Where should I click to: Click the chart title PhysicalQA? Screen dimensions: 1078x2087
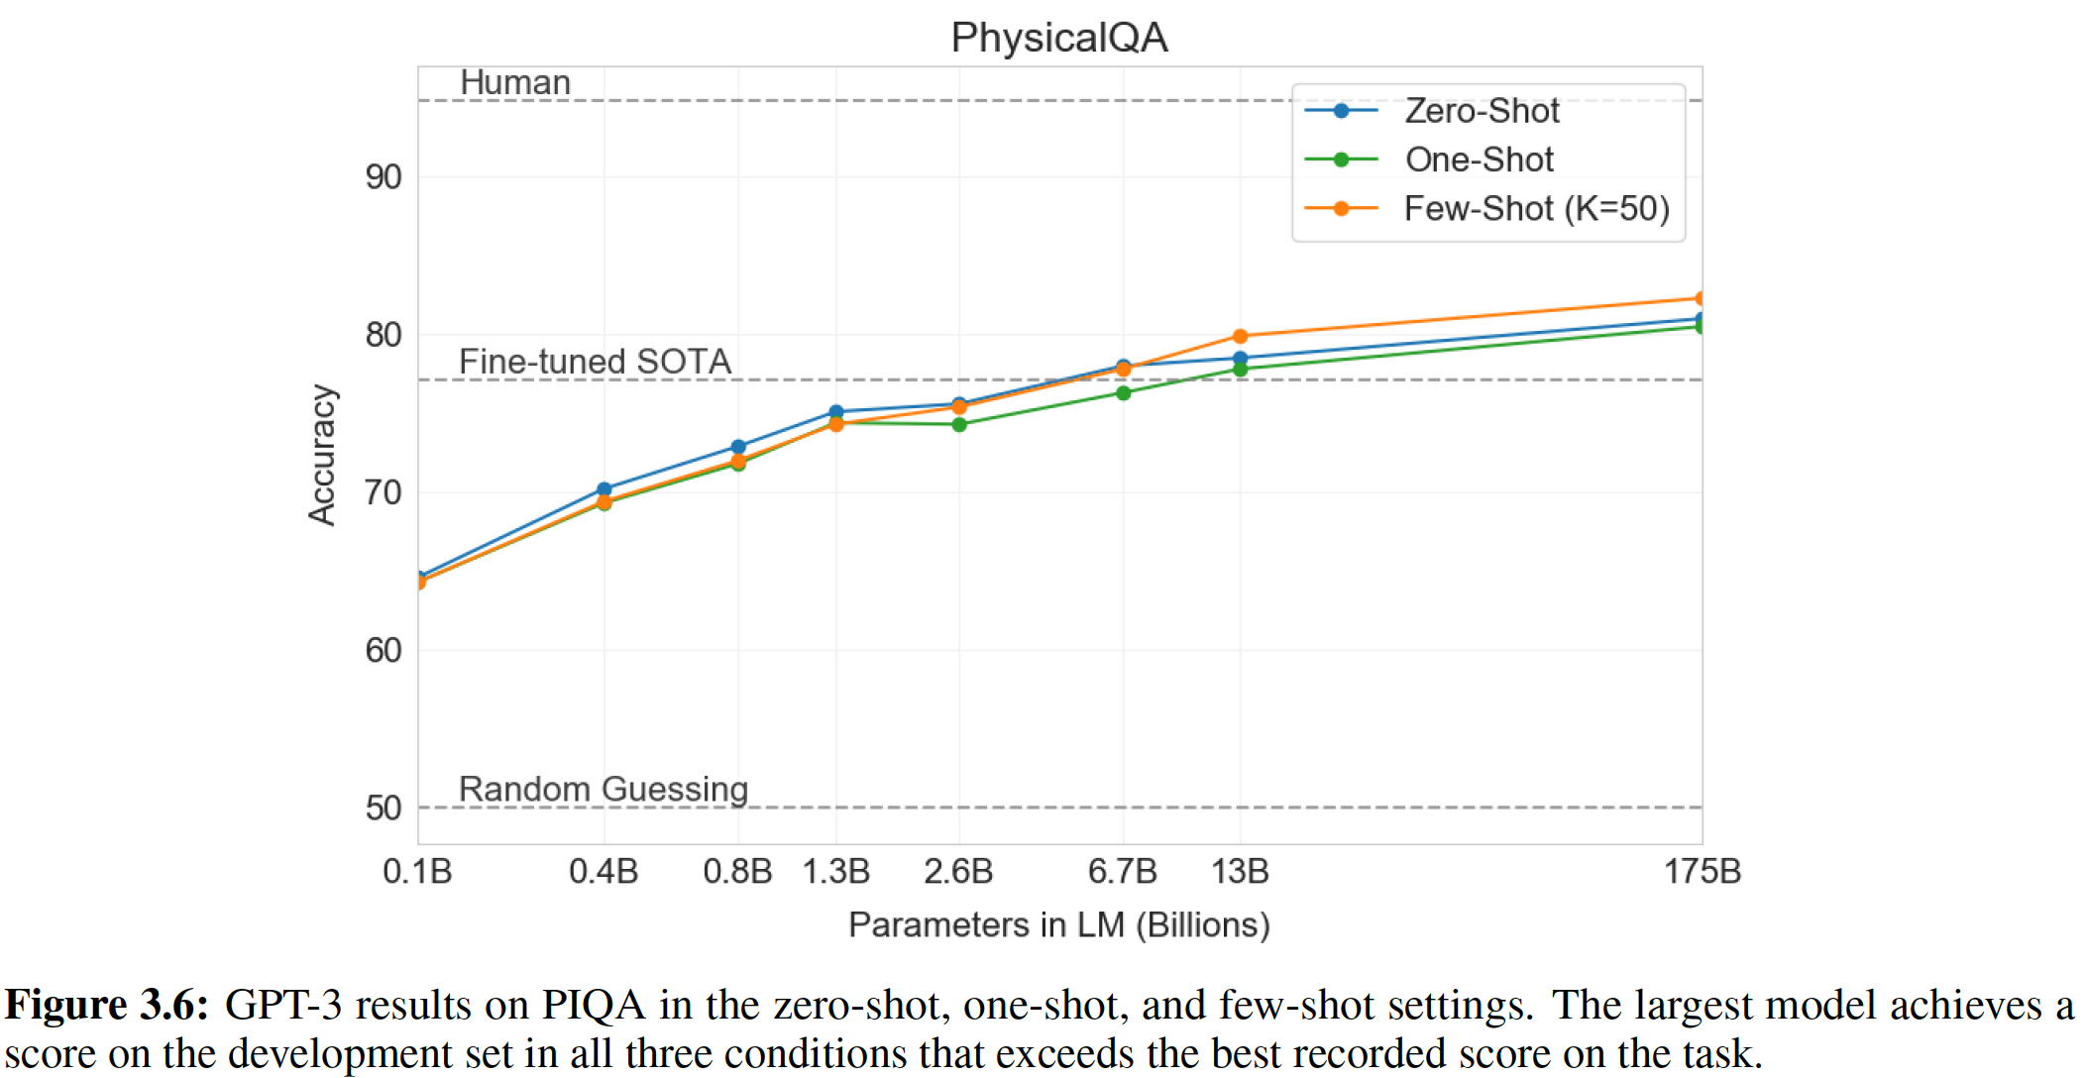click(x=1058, y=38)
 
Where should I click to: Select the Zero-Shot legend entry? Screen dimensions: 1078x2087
click(x=1482, y=111)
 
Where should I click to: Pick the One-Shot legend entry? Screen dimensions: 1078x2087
click(x=1479, y=160)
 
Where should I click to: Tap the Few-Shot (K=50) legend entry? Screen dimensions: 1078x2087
click(x=1536, y=209)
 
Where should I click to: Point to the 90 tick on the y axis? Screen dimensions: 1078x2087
click(x=384, y=177)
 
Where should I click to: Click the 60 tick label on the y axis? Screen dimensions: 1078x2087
click(x=384, y=651)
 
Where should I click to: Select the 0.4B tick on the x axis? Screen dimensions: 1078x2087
click(x=604, y=872)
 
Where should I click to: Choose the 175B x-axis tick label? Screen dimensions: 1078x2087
click(x=1702, y=872)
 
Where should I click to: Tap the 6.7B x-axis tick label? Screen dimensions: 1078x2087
click(x=1122, y=872)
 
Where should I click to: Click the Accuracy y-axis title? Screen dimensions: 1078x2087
click(x=322, y=455)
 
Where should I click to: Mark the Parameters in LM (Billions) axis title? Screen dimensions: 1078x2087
click(x=1058, y=925)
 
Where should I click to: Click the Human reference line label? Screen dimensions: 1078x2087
click(x=515, y=83)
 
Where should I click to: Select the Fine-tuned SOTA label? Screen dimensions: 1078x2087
click(x=595, y=362)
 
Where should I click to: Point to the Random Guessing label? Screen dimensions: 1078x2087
click(x=603, y=790)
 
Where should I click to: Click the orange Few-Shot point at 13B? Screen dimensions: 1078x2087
click(x=1240, y=337)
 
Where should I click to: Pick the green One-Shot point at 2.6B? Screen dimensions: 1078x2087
click(x=959, y=425)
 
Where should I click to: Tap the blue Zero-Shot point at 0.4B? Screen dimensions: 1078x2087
click(x=604, y=489)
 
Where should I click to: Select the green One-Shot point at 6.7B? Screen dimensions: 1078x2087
click(x=1123, y=393)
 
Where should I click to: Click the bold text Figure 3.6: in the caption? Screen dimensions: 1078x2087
click(x=107, y=1006)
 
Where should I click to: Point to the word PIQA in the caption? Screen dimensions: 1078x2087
click(x=593, y=1006)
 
